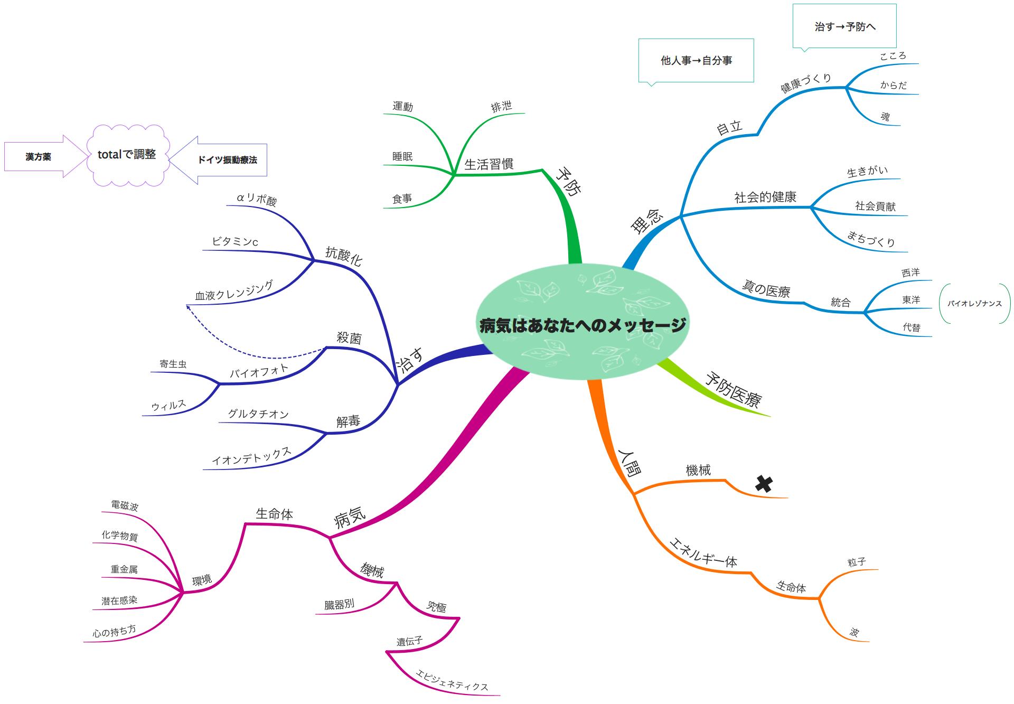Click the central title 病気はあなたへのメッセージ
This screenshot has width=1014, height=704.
click(x=582, y=324)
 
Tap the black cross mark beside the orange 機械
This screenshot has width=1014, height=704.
click(x=764, y=483)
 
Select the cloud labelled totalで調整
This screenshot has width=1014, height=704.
click(x=127, y=155)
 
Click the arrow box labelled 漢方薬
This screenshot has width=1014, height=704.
click(x=39, y=157)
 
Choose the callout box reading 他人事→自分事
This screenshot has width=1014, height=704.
click(x=696, y=60)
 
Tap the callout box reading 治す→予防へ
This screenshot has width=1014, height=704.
click(x=844, y=26)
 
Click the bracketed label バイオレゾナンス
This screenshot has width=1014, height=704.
click(x=974, y=304)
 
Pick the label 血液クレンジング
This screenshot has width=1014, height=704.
click(x=234, y=290)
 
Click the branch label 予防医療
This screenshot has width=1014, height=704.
click(x=733, y=390)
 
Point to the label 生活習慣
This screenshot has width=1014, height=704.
click(x=489, y=164)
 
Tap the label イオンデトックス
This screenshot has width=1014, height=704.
click(x=251, y=456)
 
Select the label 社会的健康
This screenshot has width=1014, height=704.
click(x=765, y=198)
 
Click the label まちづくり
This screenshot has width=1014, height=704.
click(x=871, y=239)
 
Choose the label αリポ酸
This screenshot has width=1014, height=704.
click(x=256, y=199)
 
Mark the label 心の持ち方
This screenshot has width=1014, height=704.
click(x=114, y=631)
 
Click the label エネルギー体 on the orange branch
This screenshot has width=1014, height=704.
click(x=703, y=552)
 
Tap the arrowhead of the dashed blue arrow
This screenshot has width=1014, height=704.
click(x=187, y=306)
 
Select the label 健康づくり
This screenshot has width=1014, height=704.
click(x=806, y=83)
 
